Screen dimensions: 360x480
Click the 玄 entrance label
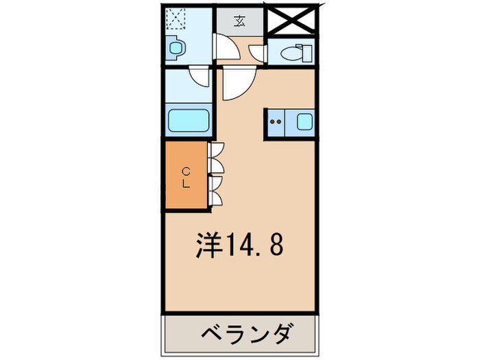[240, 21]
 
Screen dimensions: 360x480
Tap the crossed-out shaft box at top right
[292, 21]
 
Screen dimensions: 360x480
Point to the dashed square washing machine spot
[176, 19]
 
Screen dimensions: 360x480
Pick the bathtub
[189, 121]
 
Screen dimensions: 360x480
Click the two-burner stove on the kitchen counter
[276, 123]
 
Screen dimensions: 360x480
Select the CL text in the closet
[186, 176]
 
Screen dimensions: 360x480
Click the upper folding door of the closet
[217, 158]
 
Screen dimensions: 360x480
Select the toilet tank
[308, 51]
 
